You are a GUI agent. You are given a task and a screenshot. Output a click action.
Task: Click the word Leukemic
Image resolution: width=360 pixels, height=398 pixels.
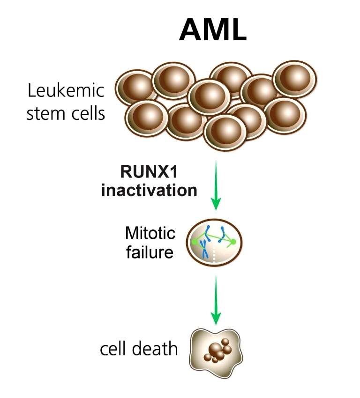[x=65, y=91]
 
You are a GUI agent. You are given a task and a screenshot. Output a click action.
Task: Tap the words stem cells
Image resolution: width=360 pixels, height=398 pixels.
[x=65, y=114]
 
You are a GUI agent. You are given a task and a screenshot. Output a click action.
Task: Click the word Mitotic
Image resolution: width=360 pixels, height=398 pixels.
[x=150, y=233]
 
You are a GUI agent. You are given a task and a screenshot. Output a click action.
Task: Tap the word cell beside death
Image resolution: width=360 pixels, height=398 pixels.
[x=115, y=349]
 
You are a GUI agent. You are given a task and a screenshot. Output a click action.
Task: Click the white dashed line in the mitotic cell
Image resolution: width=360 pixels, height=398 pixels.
[x=215, y=257]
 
